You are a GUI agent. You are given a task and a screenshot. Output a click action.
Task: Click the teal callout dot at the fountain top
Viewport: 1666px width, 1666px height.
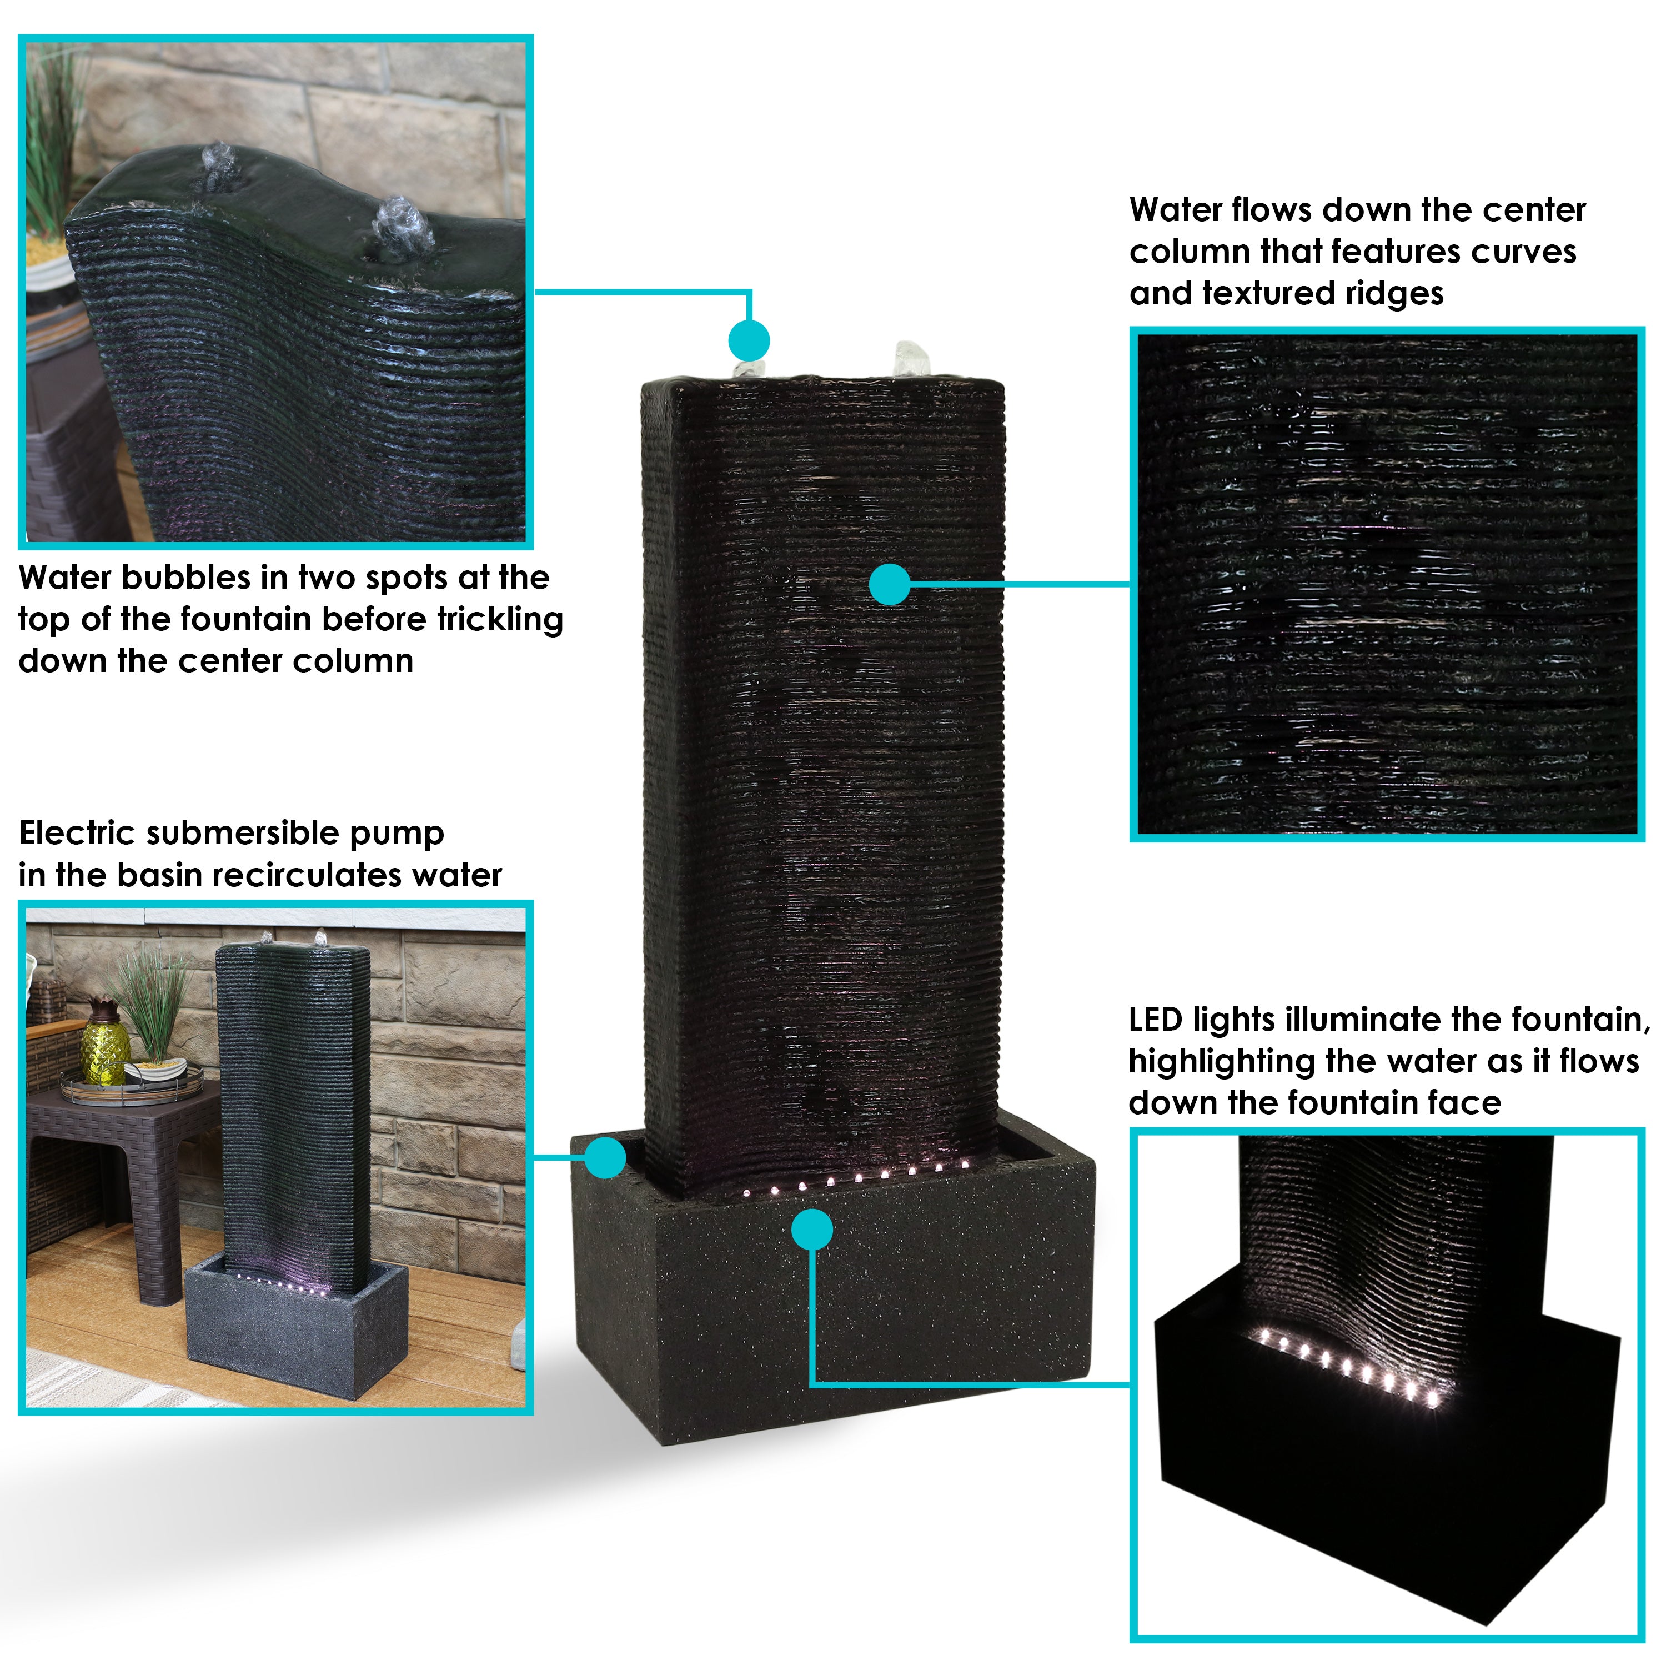(749, 340)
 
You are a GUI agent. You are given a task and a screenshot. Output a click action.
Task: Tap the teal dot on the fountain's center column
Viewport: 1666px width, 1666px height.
(890, 585)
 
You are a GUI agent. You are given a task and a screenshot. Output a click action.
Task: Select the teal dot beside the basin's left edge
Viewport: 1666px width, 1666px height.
(605, 1157)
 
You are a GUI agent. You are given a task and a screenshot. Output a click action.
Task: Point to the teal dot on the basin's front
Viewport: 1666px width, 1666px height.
(811, 1229)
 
